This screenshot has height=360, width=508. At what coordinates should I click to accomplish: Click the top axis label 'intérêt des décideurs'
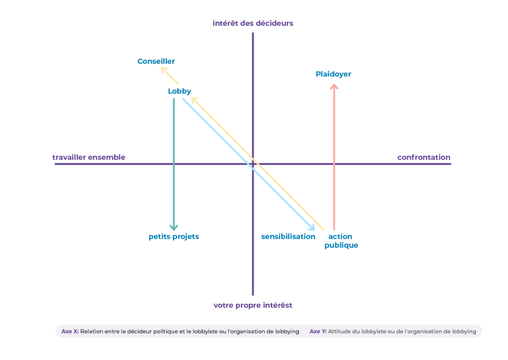tap(253, 23)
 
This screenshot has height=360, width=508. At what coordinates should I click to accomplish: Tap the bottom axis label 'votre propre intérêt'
tap(253, 305)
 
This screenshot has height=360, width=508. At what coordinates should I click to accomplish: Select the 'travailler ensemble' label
tap(89, 157)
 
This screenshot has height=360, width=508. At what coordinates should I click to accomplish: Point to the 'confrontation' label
tap(424, 157)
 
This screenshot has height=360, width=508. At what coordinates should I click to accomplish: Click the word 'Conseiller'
tap(156, 61)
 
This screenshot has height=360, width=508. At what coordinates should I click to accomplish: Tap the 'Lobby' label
tap(180, 91)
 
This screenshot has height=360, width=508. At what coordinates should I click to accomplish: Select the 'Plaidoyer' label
tap(333, 74)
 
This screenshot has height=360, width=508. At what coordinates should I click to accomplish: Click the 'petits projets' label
tap(174, 236)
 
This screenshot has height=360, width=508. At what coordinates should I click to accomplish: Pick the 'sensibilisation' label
tap(288, 236)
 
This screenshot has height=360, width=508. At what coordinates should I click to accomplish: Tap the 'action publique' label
tap(341, 241)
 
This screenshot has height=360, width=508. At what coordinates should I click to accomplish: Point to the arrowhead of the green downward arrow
tap(174, 228)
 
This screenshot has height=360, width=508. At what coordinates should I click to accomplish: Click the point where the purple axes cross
tap(253, 164)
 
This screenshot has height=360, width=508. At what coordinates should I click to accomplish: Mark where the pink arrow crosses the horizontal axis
tap(334, 164)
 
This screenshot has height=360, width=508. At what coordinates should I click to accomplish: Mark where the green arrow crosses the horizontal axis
tap(174, 164)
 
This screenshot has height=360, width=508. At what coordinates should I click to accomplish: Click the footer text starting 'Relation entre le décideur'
tap(190, 331)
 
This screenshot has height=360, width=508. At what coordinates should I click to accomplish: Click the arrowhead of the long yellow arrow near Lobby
tap(194, 99)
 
